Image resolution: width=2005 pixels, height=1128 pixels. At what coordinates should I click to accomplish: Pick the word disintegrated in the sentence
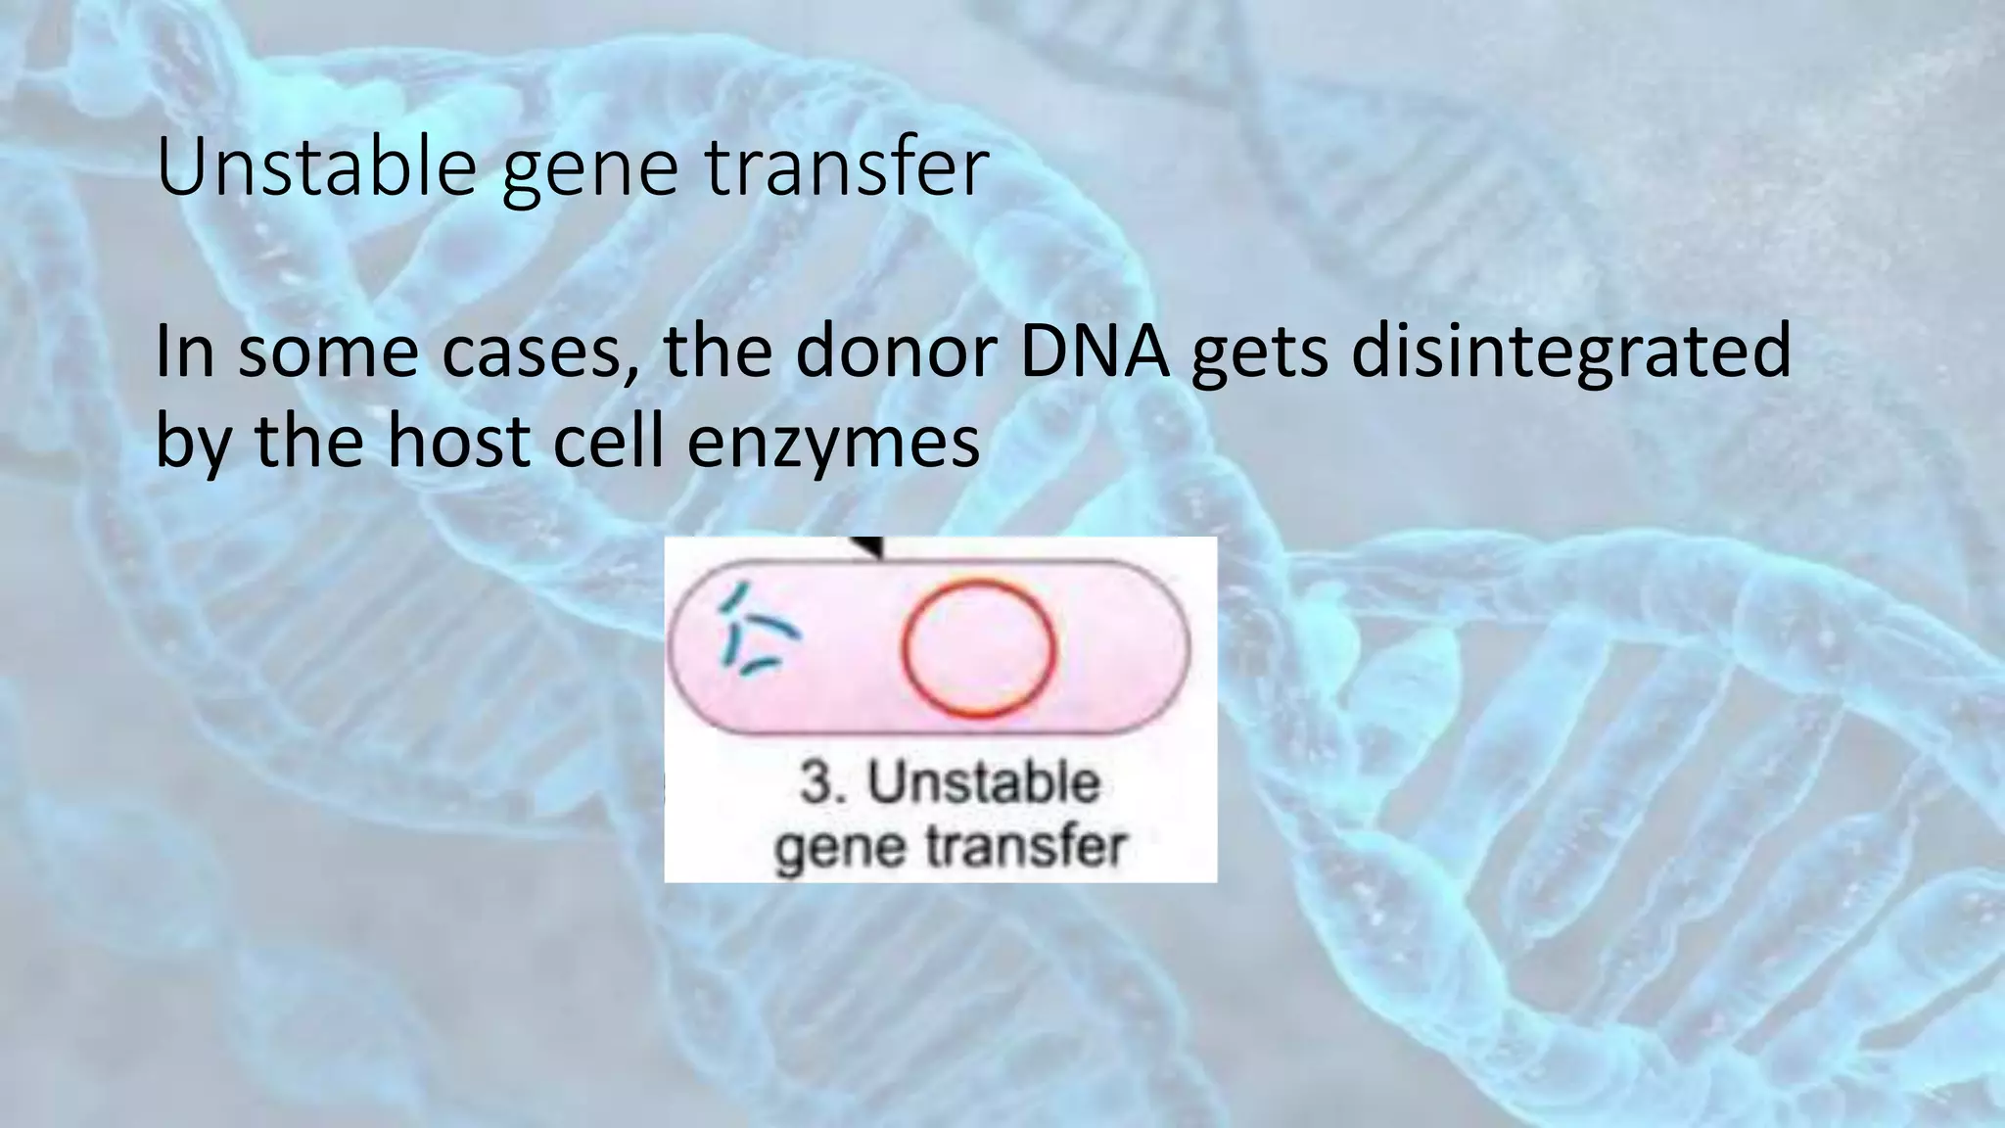pos(1570,354)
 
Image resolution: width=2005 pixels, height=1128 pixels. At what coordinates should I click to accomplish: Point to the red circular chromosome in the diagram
pos(978,648)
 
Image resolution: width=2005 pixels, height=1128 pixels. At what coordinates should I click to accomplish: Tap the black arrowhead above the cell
pos(867,547)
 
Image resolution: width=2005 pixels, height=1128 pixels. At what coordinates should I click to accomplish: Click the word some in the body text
pos(328,354)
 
